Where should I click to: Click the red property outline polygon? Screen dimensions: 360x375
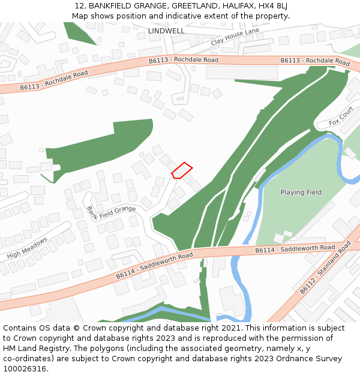point(181,170)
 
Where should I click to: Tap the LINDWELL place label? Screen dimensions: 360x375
point(166,30)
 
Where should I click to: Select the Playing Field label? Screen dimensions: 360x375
point(301,193)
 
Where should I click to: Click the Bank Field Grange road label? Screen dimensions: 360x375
point(110,213)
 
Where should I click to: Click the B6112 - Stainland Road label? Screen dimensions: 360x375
point(325,268)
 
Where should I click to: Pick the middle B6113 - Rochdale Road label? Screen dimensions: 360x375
point(184,60)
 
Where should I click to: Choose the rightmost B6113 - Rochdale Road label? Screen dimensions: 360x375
point(315,61)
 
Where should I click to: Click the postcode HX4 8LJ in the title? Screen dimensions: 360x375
point(273,6)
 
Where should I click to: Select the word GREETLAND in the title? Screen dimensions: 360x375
point(194,6)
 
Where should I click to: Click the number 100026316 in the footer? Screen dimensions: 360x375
point(25,369)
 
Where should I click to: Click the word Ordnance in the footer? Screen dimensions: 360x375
point(280,359)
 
